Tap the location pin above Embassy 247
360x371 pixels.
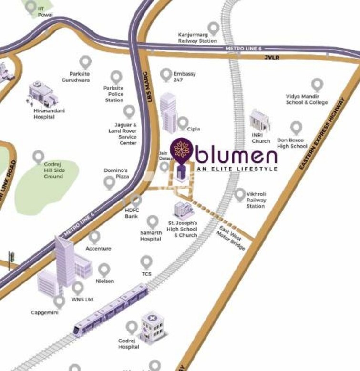(x=165, y=74)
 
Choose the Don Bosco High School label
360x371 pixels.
(x=292, y=143)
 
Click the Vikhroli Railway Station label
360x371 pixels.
(x=256, y=200)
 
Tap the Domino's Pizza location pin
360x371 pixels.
(x=110, y=181)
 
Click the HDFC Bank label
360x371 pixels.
(x=131, y=213)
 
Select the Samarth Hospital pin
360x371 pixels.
(x=153, y=221)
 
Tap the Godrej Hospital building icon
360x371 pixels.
(x=150, y=328)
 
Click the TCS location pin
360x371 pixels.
(x=146, y=261)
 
